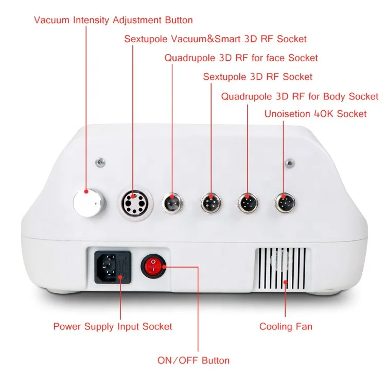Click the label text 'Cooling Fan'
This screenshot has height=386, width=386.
point(286,326)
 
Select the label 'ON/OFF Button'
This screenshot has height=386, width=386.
point(194,360)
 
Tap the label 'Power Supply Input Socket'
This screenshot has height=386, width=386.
point(113,326)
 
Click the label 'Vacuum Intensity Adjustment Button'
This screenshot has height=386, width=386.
point(113,21)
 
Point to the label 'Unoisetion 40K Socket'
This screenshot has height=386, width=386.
point(315,114)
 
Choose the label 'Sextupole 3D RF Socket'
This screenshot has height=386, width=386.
point(257,77)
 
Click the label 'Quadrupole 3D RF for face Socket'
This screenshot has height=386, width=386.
point(241,58)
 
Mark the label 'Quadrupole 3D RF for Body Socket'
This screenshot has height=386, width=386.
point(300,96)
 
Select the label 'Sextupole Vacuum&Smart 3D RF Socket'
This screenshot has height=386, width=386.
point(216,39)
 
